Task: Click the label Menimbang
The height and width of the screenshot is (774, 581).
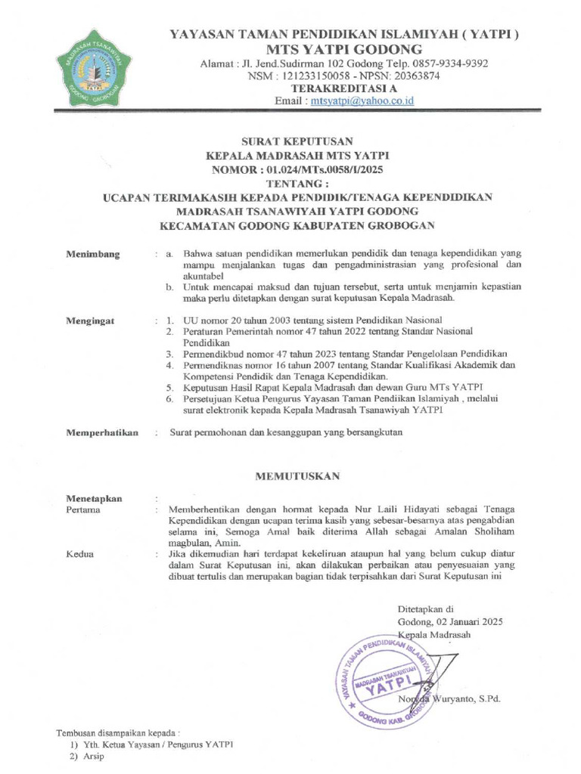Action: pyautogui.click(x=93, y=254)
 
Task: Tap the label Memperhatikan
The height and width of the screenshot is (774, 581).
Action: pyautogui.click(x=102, y=432)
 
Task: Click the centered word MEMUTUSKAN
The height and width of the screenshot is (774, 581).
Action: pyautogui.click(x=297, y=476)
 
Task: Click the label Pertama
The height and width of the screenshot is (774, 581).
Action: pyautogui.click(x=83, y=510)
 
